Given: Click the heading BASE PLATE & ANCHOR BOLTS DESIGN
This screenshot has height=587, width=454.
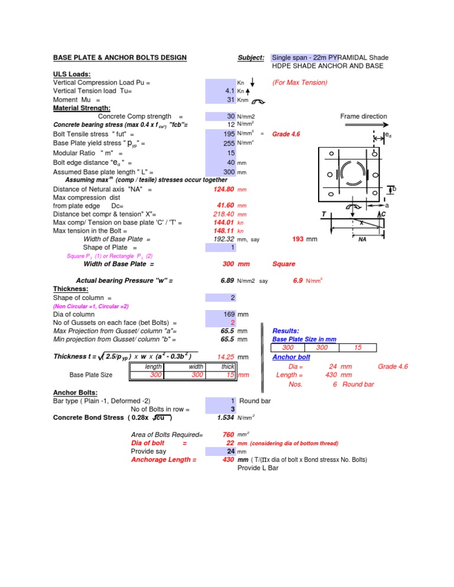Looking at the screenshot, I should click(120, 58).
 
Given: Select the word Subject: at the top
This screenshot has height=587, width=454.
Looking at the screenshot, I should click(251, 58).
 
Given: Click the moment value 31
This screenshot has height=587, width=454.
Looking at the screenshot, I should click(230, 100).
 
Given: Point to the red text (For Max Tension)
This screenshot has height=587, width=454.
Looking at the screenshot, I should click(299, 83).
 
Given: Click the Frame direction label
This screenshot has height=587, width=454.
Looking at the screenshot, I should click(364, 117).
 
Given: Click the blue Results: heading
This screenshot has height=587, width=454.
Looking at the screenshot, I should click(287, 331).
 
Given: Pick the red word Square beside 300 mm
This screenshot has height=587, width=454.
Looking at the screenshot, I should click(283, 265).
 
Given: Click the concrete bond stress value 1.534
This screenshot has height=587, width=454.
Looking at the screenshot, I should click(225, 418).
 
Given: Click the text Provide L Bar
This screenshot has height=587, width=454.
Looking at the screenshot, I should click(258, 468).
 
